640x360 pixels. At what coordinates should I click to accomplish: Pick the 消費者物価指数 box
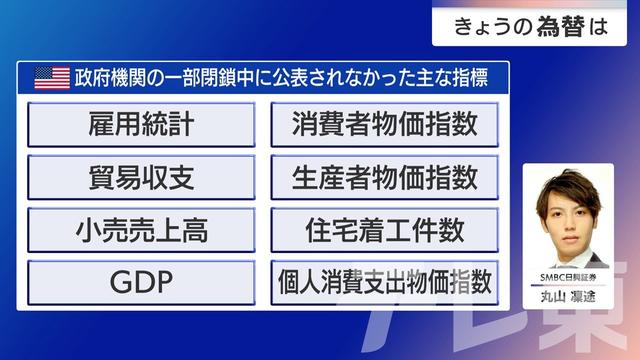point(384,125)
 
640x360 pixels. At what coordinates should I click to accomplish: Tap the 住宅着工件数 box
point(384,231)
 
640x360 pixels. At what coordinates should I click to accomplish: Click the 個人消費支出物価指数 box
point(384,283)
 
